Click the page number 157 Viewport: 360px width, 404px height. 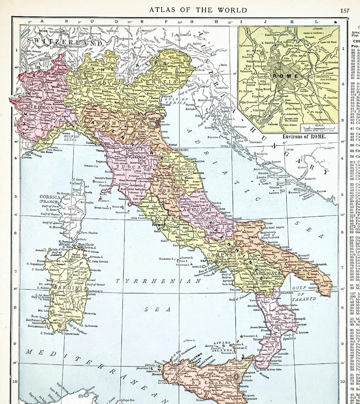tap(344, 10)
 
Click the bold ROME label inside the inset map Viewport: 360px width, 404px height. tap(286, 76)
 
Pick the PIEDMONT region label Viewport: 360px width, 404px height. tap(42, 108)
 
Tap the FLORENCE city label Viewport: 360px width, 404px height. tap(136, 157)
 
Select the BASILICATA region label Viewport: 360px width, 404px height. tap(264, 274)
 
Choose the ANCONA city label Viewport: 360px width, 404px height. tap(198, 162)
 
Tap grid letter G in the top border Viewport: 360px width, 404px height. tap(191, 21)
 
